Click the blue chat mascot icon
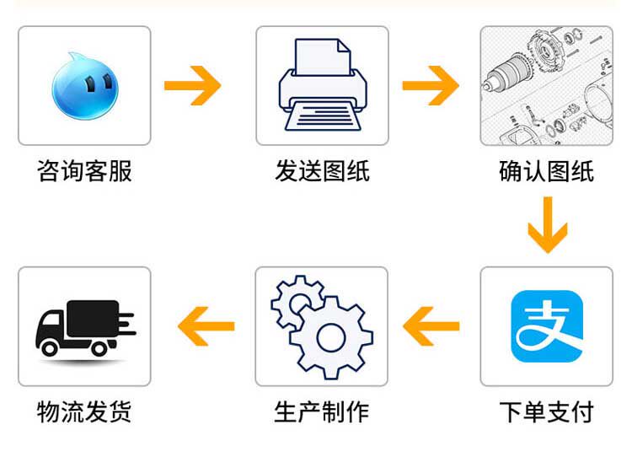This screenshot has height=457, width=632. click(84, 85)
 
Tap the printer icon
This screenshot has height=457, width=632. click(323, 85)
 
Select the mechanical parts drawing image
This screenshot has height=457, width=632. click(546, 85)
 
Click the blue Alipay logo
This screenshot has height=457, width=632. click(547, 326)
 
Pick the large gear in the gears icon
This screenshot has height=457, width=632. click(332, 336)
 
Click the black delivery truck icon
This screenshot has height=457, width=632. click(84, 326)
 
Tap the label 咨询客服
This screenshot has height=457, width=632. click(84, 171)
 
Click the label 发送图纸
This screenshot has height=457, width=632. click(322, 171)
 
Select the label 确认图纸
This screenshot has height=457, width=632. click(546, 171)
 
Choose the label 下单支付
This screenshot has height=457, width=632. click(546, 412)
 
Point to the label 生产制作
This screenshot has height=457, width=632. click(322, 412)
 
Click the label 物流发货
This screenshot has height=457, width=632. click(84, 412)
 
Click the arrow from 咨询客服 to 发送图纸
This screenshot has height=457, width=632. click(192, 85)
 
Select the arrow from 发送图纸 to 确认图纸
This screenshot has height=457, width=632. click(431, 85)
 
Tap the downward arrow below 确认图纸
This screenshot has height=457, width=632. click(547, 224)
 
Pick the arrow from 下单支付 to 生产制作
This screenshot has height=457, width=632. click(431, 326)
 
